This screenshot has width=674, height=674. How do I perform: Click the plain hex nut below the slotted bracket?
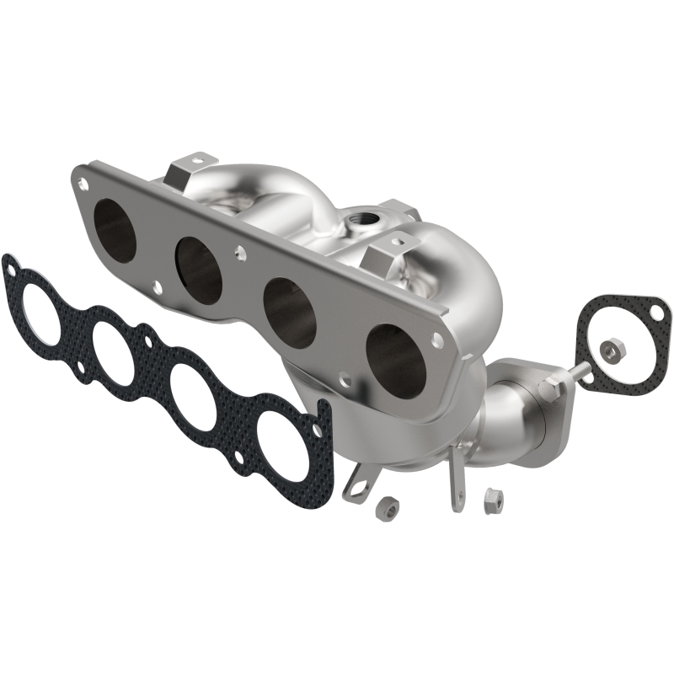point(387,506)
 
